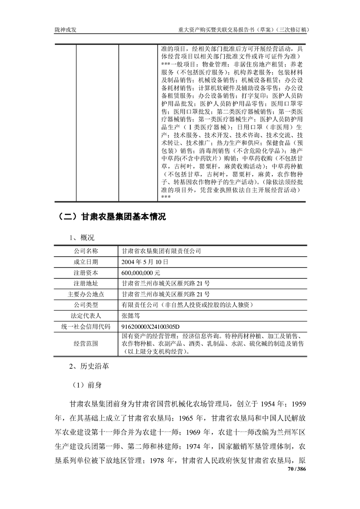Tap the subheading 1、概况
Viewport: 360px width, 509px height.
click(x=82, y=237)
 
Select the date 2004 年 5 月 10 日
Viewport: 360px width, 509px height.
click(x=145, y=262)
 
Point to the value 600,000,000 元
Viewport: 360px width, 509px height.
click(x=141, y=273)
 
